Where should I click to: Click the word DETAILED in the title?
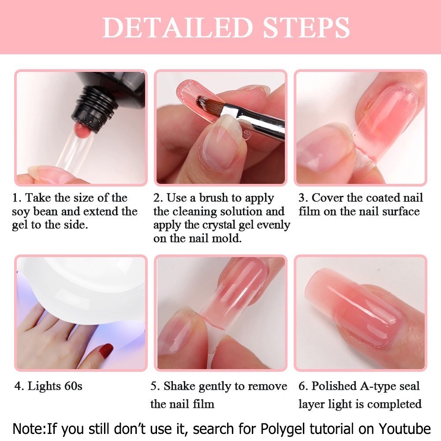tap(177, 27)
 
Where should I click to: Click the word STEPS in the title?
tap(306, 27)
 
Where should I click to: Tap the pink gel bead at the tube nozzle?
tap(82, 129)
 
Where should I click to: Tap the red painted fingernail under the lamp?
tap(106, 351)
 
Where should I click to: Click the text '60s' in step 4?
tap(73, 386)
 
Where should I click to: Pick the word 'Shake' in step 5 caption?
tap(179, 386)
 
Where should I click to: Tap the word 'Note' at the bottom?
tap(29, 429)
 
